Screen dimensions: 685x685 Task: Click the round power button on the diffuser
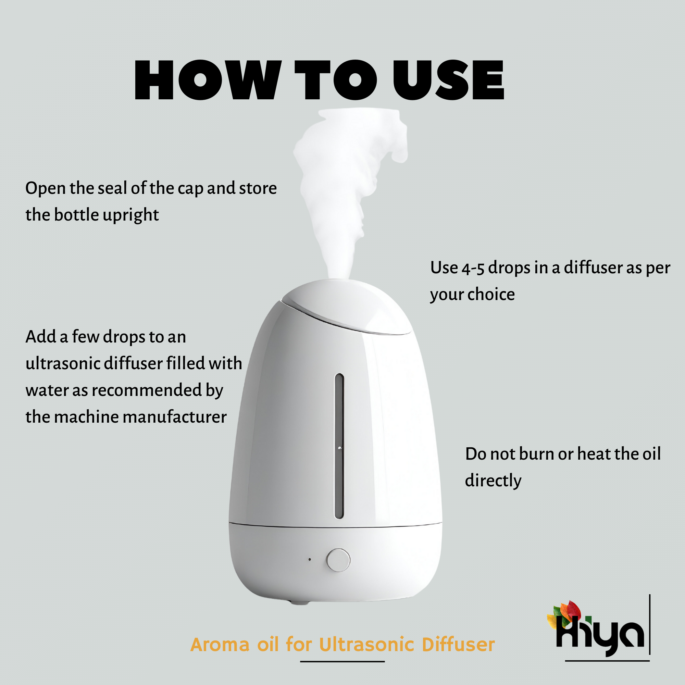click(x=338, y=560)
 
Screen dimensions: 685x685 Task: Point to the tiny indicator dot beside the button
click(x=310, y=560)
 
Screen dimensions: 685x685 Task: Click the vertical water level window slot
click(x=339, y=446)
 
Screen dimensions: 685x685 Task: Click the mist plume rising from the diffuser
click(x=340, y=184)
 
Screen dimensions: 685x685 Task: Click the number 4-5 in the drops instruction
click(x=473, y=269)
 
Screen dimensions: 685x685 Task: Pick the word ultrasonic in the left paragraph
click(x=63, y=363)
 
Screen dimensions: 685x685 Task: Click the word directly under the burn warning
click(x=493, y=481)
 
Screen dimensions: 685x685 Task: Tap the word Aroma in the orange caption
click(x=220, y=645)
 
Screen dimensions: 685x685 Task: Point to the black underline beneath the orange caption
click(x=342, y=662)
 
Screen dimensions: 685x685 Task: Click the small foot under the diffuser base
click(x=300, y=602)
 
